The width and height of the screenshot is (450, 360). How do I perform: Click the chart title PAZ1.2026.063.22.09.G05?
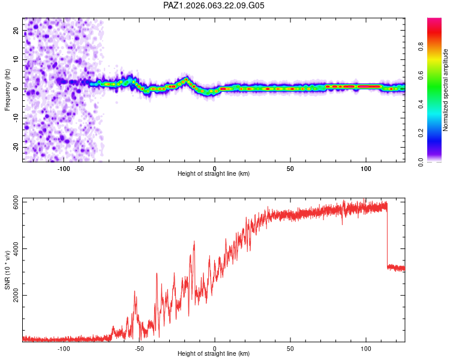pyautogui.click(x=214, y=5)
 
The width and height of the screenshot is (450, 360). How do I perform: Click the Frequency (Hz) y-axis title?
pyautogui.click(x=7, y=89)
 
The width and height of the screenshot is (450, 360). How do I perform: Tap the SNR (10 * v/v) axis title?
pyautogui.click(x=7, y=269)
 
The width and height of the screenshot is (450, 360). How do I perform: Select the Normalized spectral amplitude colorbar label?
pyautogui.click(x=445, y=90)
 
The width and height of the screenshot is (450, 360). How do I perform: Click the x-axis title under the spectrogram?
pyautogui.click(x=214, y=173)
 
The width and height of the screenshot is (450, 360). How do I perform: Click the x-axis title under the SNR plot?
pyautogui.click(x=214, y=354)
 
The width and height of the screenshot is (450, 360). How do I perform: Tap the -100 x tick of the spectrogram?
pyautogui.click(x=64, y=169)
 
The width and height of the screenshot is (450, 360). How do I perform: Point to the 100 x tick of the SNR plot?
pyautogui.click(x=366, y=349)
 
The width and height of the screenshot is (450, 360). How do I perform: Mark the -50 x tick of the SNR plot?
pyautogui.click(x=139, y=349)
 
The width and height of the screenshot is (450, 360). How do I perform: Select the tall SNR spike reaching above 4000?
pyautogui.click(x=194, y=242)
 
